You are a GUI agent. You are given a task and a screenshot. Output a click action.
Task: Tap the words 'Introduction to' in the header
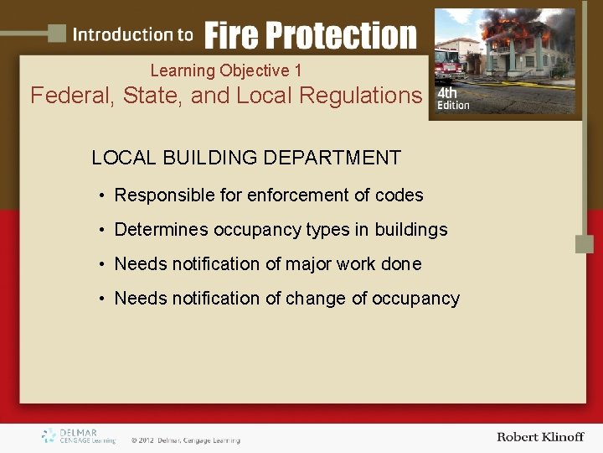click(x=132, y=35)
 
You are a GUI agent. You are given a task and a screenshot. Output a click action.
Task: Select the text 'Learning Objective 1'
click(x=226, y=71)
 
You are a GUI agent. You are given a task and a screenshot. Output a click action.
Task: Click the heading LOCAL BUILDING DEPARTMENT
click(x=246, y=158)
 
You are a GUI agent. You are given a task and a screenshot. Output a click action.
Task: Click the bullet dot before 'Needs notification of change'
click(x=100, y=299)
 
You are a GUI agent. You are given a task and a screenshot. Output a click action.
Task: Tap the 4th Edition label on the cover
click(x=453, y=99)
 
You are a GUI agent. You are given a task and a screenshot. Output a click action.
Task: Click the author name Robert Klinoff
click(x=539, y=437)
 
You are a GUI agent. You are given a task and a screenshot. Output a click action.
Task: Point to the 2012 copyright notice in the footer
click(x=185, y=440)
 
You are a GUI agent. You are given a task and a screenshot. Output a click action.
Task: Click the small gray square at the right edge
click(x=584, y=244)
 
